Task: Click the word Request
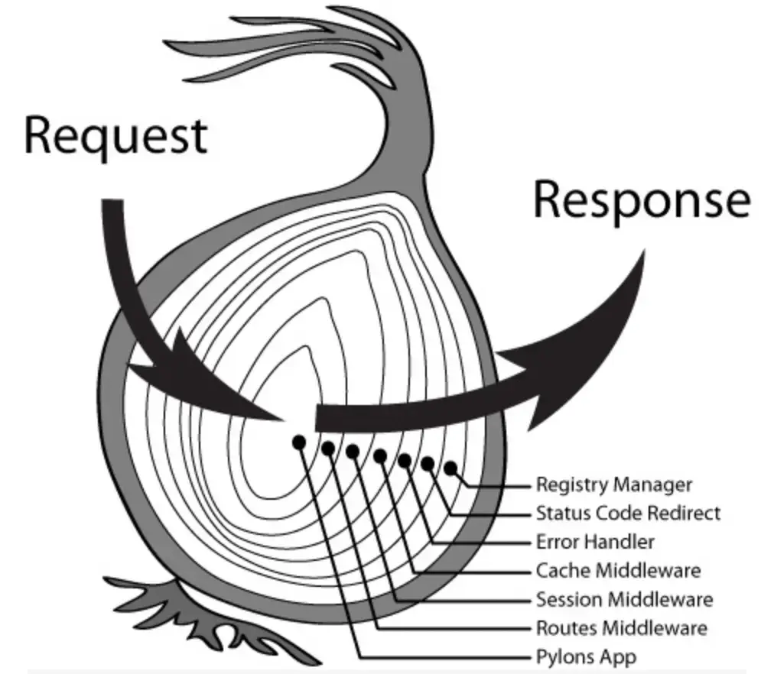115,136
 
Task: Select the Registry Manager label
614,484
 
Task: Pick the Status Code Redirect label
629,514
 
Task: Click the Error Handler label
595,542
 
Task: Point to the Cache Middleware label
619,571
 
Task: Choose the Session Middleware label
624,600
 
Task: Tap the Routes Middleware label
622,628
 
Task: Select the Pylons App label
587,657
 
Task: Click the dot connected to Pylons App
298,442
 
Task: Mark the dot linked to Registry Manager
450,468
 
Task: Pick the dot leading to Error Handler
405,461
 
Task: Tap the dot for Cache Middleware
379,456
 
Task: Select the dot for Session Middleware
353,451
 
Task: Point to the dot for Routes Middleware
328,448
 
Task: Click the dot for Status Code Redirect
428,463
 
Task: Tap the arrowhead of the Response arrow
583,345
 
